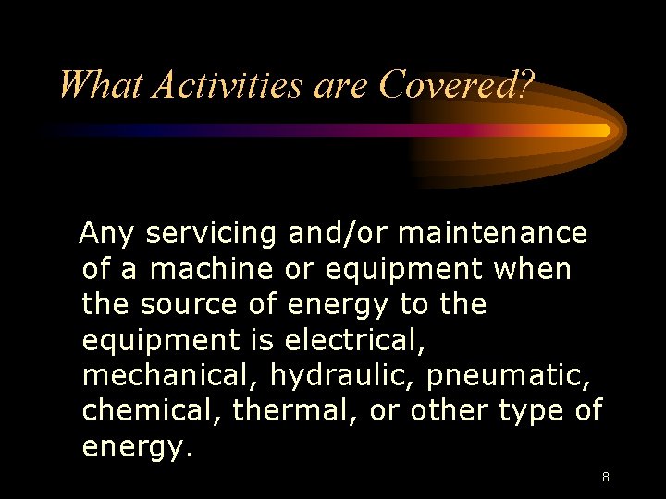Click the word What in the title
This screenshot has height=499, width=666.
[100, 86]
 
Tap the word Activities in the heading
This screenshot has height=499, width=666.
[228, 86]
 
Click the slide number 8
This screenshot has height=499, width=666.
[605, 478]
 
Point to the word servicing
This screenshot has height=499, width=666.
[211, 235]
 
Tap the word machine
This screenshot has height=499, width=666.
[211, 270]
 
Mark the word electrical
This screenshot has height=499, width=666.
[355, 339]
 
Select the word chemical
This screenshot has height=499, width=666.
[153, 409]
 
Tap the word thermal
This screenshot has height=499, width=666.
[296, 409]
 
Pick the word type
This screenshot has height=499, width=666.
[534, 411]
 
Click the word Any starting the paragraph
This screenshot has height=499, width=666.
[107, 235]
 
